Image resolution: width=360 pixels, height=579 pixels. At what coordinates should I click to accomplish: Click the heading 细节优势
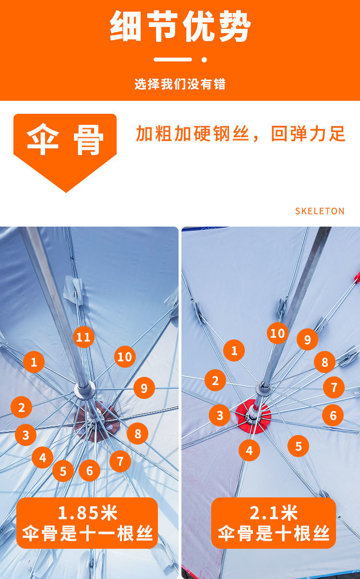click(180, 27)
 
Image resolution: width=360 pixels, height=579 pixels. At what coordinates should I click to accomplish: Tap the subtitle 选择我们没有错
click(180, 84)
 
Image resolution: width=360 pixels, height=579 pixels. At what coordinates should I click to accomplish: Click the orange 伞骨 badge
click(65, 141)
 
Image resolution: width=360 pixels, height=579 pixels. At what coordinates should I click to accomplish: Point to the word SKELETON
click(320, 211)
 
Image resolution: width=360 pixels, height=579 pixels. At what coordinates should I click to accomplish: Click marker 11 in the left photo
click(84, 337)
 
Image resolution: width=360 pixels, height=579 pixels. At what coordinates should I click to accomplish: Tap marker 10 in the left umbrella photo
click(125, 357)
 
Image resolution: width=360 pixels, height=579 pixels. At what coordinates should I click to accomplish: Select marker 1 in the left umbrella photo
click(34, 362)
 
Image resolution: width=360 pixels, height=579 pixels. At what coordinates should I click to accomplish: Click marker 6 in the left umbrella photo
click(89, 471)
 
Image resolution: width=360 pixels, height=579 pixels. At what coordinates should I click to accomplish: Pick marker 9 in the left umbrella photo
click(144, 387)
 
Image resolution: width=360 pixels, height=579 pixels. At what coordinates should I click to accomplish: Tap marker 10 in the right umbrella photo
click(277, 333)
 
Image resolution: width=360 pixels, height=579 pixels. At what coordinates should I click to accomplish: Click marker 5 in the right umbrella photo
click(299, 446)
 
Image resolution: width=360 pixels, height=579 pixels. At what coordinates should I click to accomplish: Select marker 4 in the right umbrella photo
click(249, 451)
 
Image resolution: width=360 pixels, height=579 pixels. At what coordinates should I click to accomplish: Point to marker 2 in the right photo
click(215, 381)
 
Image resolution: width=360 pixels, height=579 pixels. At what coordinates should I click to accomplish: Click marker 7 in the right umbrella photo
click(334, 387)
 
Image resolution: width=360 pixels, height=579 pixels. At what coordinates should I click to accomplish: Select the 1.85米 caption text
click(87, 513)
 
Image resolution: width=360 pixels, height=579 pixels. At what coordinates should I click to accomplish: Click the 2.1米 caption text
click(274, 513)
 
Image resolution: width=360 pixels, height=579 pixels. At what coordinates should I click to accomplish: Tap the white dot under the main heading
click(204, 60)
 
